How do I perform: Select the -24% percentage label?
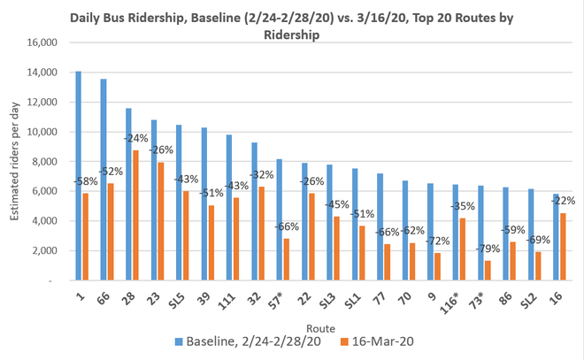(x=135, y=138)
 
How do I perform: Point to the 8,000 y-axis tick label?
(x=41, y=161)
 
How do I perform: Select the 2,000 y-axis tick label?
(x=41, y=250)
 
